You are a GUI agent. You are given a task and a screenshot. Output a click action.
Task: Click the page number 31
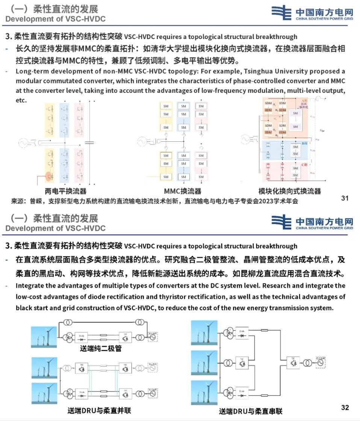(345, 198)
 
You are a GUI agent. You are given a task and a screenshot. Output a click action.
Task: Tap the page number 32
(345, 407)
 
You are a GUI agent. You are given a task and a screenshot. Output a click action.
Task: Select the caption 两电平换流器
(63, 191)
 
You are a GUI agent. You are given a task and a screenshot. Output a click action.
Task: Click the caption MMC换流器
(182, 191)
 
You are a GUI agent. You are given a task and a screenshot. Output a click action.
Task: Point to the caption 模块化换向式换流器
(290, 191)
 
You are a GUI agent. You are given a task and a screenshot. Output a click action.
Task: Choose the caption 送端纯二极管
(101, 348)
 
